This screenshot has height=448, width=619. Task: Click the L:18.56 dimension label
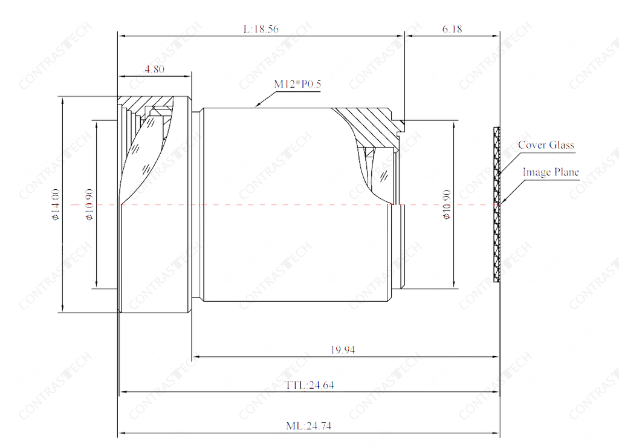pos(261,29)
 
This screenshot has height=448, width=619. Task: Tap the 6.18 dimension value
pos(452,29)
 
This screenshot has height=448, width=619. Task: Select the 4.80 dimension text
pos(154,69)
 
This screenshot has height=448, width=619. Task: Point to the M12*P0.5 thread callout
pos(297,84)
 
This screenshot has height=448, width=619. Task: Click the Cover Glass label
pos(546,145)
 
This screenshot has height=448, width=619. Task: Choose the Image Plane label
pos(551,172)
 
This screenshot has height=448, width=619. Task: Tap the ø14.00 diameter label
pos(56,204)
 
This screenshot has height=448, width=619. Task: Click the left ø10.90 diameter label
pos(89,204)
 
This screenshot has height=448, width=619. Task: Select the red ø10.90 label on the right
pos(447,204)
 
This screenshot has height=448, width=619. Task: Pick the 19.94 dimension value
pos(343,349)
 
